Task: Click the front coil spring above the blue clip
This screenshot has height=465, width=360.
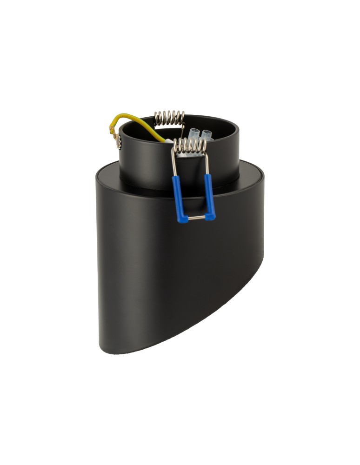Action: pos(190,146)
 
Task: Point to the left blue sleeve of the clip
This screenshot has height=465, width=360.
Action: pos(178,195)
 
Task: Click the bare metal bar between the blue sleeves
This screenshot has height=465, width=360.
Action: pos(195,217)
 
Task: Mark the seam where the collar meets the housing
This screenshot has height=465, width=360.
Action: pos(140,187)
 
